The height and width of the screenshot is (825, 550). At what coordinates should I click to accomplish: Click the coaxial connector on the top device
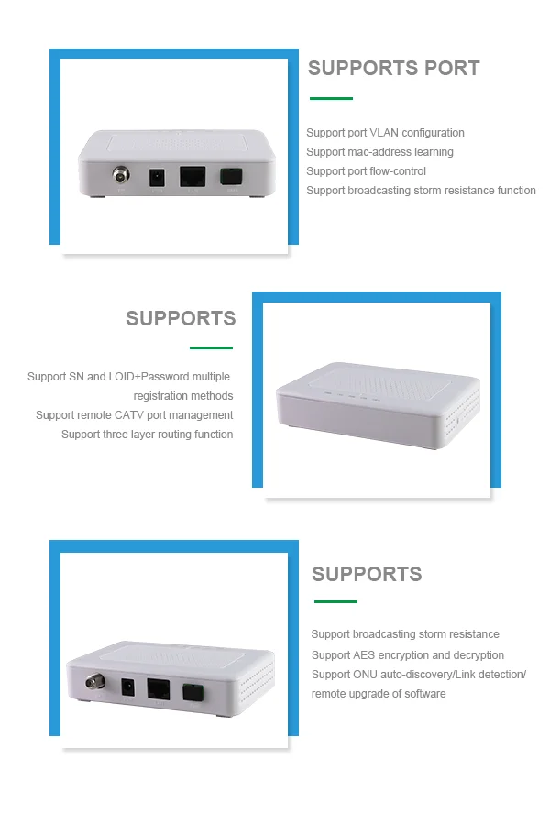coord(119,175)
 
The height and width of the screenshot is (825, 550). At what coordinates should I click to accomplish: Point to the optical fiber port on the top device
coord(229,176)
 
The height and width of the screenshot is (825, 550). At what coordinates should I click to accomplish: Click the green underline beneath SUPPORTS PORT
coord(331,98)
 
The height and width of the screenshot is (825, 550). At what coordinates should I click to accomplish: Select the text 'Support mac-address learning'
coord(379,152)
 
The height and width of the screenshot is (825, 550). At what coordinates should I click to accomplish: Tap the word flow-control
coord(399,171)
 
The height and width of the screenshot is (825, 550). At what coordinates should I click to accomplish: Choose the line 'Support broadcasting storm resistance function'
coord(421,191)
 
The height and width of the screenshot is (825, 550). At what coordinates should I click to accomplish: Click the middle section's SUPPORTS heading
coord(181,319)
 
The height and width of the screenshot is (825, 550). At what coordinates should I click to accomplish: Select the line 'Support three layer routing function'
coord(147,434)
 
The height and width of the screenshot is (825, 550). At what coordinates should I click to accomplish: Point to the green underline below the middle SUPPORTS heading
coord(211,347)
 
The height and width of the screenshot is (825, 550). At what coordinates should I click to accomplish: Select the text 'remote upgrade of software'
coord(379,694)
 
